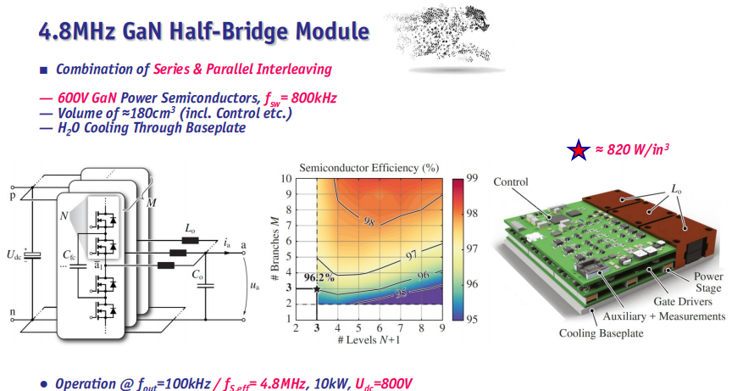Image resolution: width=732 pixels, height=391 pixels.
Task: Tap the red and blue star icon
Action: pyautogui.click(x=579, y=150)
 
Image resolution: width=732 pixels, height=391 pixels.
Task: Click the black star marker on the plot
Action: pyautogui.click(x=317, y=288)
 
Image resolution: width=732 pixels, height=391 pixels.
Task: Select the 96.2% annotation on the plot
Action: pyautogui.click(x=319, y=277)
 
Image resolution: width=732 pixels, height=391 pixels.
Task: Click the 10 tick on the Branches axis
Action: pyautogui.click(x=286, y=178)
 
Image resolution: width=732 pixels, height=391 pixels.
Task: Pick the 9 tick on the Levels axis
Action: pyautogui.click(x=441, y=328)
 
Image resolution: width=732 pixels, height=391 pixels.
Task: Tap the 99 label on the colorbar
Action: pyautogui.click(x=472, y=178)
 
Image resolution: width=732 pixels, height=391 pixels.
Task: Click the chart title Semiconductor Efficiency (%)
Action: pyautogui.click(x=369, y=168)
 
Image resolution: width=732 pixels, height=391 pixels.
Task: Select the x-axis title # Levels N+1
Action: pyautogui.click(x=369, y=339)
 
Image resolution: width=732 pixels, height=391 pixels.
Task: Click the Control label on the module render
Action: pyautogui.click(x=511, y=182)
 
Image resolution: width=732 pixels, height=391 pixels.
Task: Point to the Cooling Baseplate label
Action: pyautogui.click(x=602, y=333)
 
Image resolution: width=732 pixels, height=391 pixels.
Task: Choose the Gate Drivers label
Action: pyautogui.click(x=683, y=301)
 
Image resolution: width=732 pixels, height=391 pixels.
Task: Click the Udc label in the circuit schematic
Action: pyautogui.click(x=14, y=254)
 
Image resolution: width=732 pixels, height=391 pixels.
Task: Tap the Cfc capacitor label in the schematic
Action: pyautogui.click(x=69, y=254)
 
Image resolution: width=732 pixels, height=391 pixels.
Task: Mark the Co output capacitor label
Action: pyautogui.click(x=198, y=274)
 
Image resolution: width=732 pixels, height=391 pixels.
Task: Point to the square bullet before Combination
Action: pyautogui.click(x=44, y=70)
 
